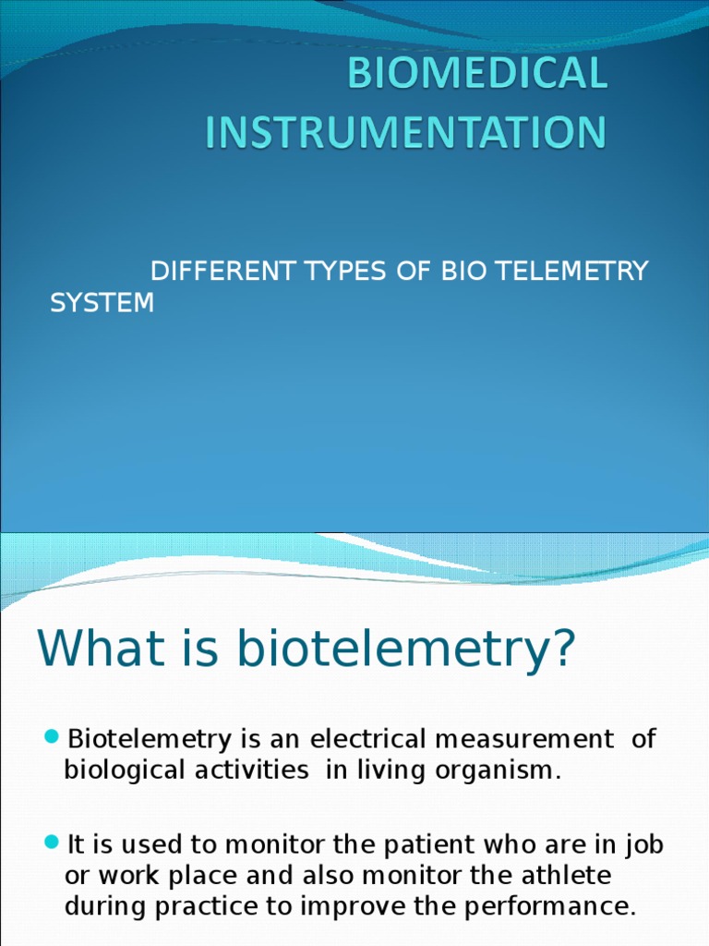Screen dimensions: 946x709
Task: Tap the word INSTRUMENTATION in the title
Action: [x=406, y=132]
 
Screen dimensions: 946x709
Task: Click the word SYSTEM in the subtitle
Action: [x=102, y=303]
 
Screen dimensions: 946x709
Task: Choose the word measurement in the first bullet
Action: [x=524, y=739]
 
